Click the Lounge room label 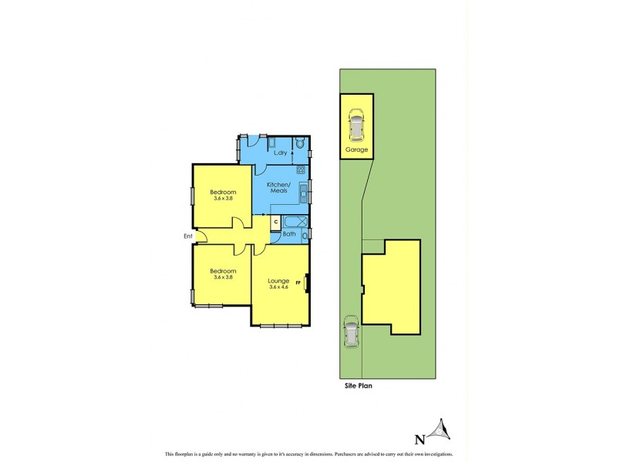278,280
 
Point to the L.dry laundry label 281,152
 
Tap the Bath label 289,233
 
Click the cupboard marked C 275,222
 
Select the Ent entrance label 187,236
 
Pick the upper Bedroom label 223,192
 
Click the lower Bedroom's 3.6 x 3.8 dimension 223,277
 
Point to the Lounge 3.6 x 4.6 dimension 278,287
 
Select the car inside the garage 356,123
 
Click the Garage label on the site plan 356,149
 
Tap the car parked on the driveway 351,333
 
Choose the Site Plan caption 358,386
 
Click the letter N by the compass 420,440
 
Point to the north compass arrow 440,428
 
